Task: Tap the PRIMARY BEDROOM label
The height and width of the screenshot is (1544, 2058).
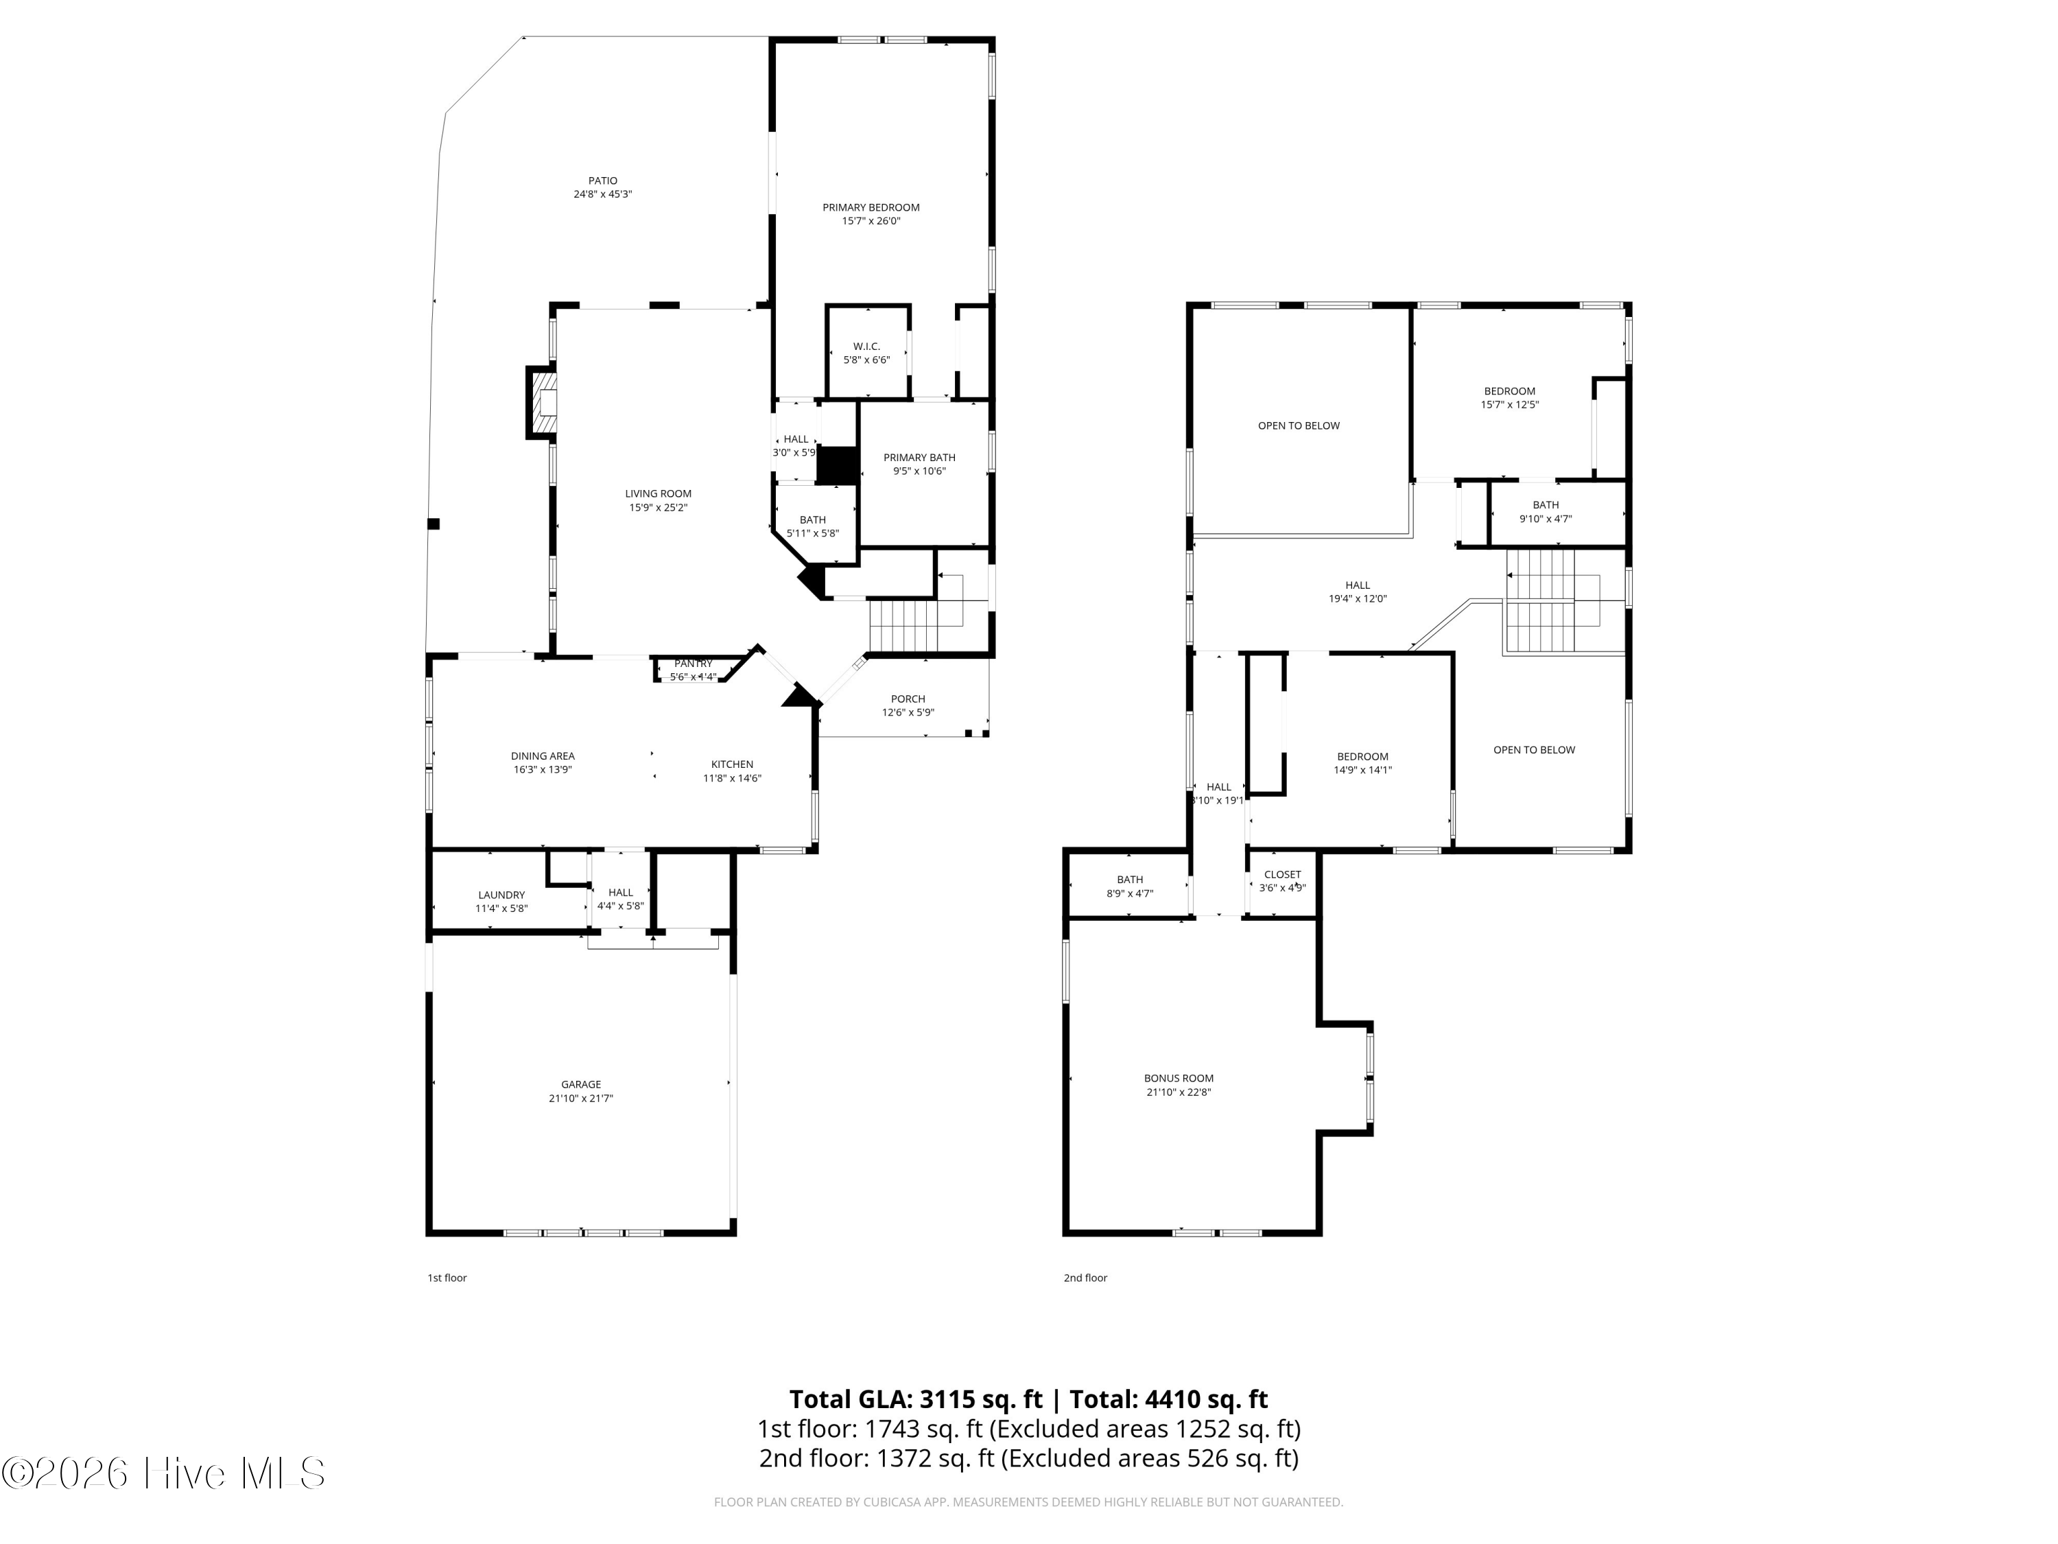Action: (x=871, y=207)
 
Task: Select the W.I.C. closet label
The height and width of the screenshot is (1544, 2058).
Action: (x=866, y=347)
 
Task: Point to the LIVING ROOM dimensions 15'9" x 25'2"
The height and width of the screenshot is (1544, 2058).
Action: (x=658, y=507)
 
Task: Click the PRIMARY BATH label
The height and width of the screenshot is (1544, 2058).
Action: (x=919, y=457)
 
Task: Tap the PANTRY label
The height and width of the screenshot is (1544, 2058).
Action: (x=693, y=664)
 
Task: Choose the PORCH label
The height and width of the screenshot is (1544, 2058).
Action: (x=908, y=699)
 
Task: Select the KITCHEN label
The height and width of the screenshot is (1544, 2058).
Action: (x=732, y=764)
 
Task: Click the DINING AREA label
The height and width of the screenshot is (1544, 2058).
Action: (x=543, y=756)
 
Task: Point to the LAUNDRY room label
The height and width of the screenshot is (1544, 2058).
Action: (x=501, y=894)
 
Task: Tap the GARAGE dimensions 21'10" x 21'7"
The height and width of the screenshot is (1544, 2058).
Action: (x=580, y=1098)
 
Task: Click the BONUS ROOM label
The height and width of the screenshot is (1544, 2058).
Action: (x=1179, y=1078)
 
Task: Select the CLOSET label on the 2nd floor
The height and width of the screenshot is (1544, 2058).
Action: (x=1282, y=874)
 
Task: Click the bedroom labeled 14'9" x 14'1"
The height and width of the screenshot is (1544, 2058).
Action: (x=1363, y=763)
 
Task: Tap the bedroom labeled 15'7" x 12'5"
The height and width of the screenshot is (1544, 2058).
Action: (x=1509, y=397)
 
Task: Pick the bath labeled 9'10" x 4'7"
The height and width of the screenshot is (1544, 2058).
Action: (x=1546, y=512)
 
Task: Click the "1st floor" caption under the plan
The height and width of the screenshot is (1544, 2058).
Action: (x=447, y=1278)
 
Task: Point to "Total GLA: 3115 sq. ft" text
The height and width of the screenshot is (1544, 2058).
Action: (x=916, y=1399)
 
